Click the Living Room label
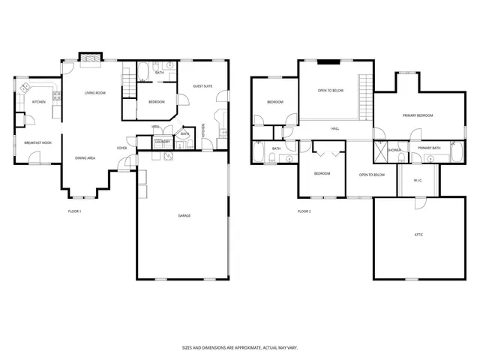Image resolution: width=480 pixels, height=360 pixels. [94, 92]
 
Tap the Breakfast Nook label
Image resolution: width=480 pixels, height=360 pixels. [37, 142]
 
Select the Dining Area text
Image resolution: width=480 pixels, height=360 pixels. [85, 158]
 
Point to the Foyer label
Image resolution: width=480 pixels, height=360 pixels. [121, 148]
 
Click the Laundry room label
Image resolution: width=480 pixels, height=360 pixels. [163, 141]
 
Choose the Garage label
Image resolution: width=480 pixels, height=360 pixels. [184, 216]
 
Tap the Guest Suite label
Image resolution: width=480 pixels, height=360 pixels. [202, 86]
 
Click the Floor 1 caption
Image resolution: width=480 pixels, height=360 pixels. [74, 211]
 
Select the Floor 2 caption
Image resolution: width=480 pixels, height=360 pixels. [304, 211]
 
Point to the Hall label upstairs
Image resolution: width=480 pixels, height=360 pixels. [335, 128]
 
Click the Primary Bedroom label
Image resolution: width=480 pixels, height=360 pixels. [418, 115]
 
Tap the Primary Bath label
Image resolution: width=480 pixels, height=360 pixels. [430, 148]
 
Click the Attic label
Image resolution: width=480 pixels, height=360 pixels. [418, 235]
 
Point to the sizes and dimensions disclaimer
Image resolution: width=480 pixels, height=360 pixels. [239, 347]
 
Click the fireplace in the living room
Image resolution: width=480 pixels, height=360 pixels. [91, 56]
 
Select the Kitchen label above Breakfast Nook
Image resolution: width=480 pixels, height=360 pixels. [38, 102]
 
